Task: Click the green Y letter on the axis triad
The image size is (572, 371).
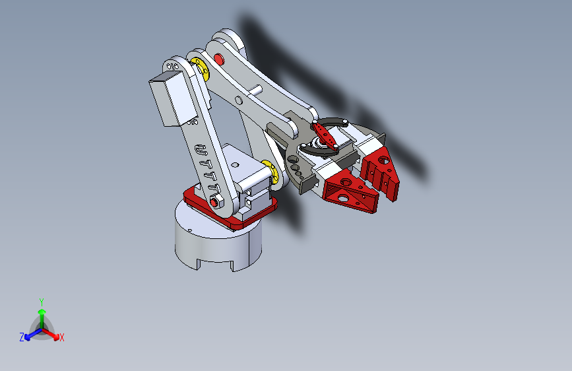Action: [x=41, y=300]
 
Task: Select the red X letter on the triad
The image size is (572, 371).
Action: [x=62, y=338]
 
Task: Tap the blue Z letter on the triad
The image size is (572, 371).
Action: [x=22, y=337]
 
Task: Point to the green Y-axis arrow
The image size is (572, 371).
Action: [x=42, y=314]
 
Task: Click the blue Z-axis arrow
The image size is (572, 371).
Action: [x=30, y=334]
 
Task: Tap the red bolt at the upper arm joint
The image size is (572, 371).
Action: [x=219, y=59]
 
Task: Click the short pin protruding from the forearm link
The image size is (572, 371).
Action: [x=253, y=89]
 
